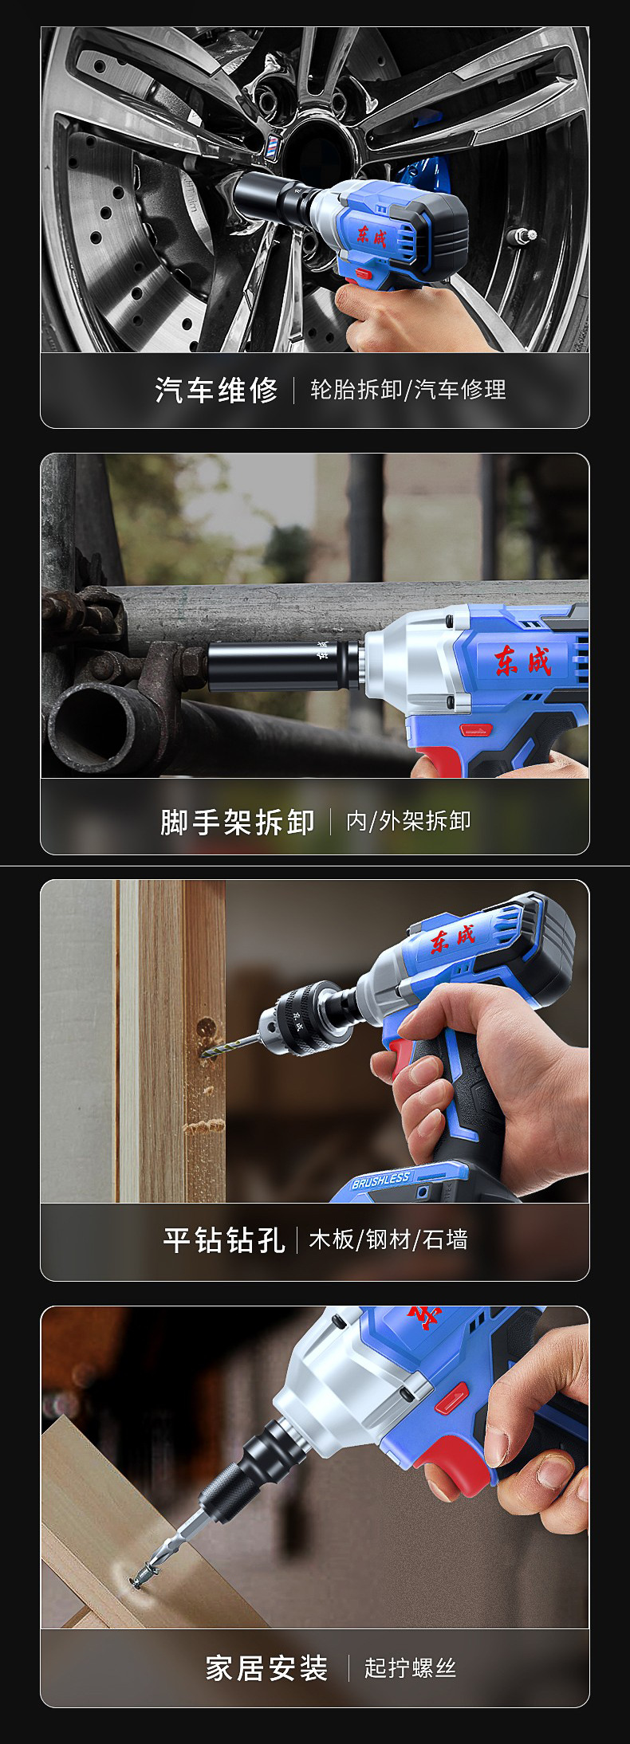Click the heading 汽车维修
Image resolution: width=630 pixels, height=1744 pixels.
click(216, 390)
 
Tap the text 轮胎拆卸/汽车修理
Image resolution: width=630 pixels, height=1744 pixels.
click(408, 390)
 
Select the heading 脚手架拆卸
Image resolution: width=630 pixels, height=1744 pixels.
click(237, 822)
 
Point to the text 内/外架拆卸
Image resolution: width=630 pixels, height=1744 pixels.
click(408, 821)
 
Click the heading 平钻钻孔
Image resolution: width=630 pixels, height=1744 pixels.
click(223, 1239)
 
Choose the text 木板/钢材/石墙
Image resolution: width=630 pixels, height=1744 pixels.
click(388, 1239)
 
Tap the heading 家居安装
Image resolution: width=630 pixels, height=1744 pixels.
click(266, 1667)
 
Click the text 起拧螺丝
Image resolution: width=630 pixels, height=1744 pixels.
click(410, 1667)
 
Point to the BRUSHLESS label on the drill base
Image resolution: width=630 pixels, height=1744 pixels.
click(381, 1180)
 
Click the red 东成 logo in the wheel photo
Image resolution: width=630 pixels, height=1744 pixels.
click(371, 235)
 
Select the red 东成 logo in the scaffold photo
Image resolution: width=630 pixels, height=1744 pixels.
click(522, 659)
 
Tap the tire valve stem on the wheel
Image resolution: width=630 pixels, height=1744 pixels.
click(524, 235)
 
